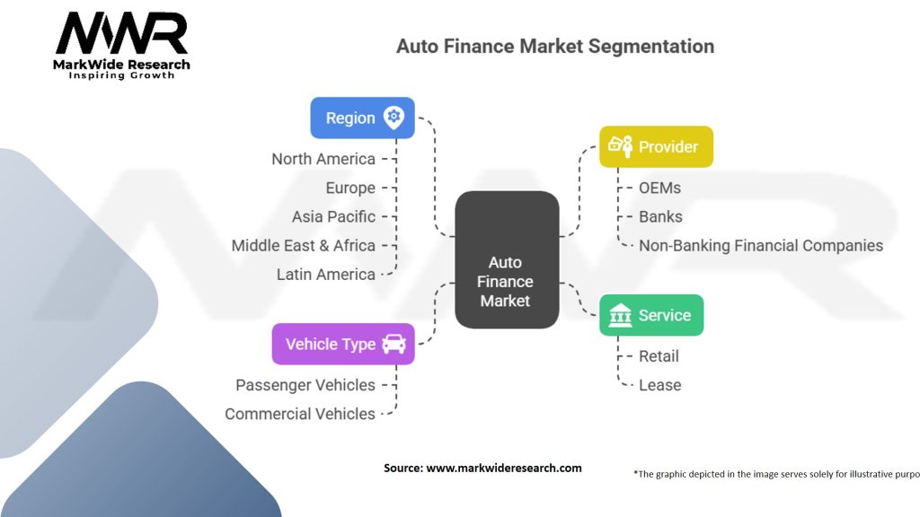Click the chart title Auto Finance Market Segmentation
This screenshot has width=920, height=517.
click(x=555, y=46)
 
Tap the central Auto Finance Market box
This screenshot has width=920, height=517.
click(x=506, y=258)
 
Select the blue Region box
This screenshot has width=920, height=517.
click(x=362, y=118)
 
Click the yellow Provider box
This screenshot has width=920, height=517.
click(x=656, y=146)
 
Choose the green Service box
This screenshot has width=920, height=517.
click(x=651, y=315)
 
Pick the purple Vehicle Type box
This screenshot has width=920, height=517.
click(x=343, y=344)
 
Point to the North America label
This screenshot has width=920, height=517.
click(x=323, y=159)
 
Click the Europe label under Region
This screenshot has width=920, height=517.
click(x=350, y=188)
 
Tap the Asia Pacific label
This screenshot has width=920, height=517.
click(x=333, y=216)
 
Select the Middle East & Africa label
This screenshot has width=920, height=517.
click(x=303, y=245)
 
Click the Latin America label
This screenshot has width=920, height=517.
click(x=325, y=274)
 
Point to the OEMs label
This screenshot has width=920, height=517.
click(x=659, y=188)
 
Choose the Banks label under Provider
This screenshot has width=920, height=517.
click(x=660, y=216)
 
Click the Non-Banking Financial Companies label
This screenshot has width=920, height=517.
click(x=760, y=245)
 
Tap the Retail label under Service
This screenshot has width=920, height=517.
click(x=659, y=356)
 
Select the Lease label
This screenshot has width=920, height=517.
click(x=659, y=385)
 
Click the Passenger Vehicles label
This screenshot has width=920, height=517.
click(x=305, y=385)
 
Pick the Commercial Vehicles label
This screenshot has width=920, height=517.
click(x=300, y=414)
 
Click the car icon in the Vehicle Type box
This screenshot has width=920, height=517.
click(x=394, y=344)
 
